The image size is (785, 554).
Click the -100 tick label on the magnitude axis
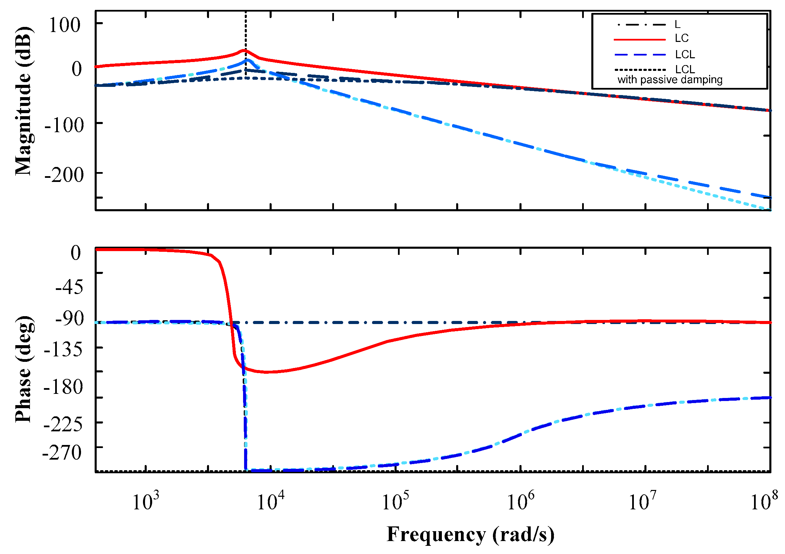(64, 125)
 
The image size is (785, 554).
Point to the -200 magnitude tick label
(64, 175)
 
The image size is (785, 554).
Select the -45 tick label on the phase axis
(69, 287)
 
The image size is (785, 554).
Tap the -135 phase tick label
(64, 349)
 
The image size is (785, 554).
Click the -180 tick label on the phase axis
(64, 387)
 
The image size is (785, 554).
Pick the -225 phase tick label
(64, 425)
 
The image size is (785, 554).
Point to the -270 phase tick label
(62, 452)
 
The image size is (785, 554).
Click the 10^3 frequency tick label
(146, 502)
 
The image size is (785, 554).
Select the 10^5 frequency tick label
(395, 502)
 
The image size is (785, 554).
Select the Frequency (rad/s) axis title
(470, 535)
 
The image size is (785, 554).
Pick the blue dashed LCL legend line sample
(639, 55)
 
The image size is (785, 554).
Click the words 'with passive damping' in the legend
(670, 80)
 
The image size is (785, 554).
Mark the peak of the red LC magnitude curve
(244, 51)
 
